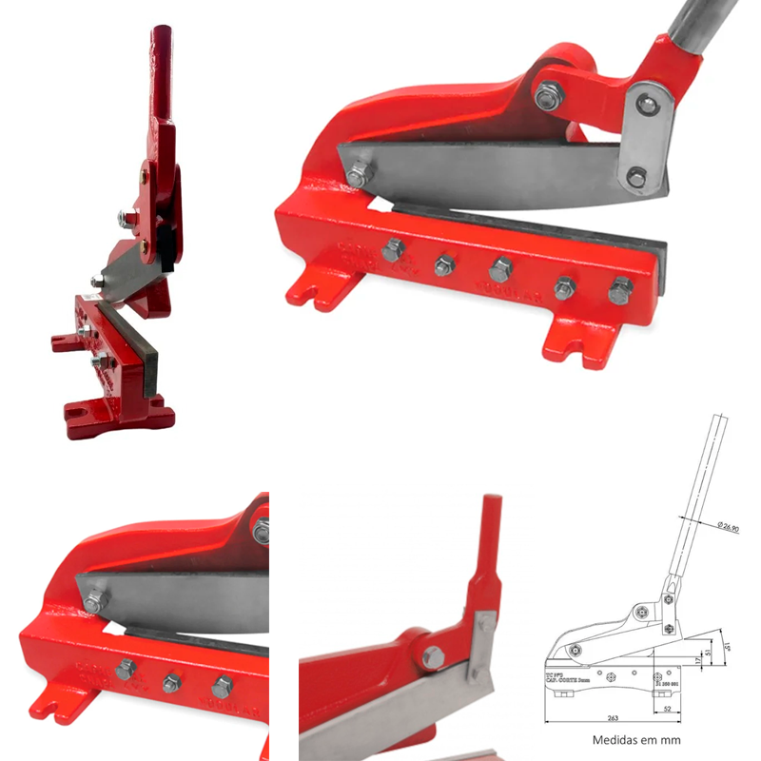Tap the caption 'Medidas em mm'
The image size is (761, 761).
point(636,739)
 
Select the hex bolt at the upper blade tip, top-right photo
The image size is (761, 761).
point(358,176)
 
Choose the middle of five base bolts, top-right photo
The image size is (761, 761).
point(501,268)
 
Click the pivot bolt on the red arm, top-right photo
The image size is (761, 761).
point(549,95)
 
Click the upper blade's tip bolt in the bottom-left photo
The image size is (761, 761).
point(94,601)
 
